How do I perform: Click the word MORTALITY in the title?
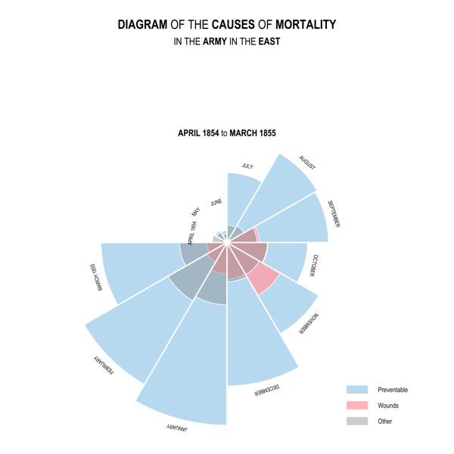(306, 25)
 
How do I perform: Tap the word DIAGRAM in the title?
(143, 25)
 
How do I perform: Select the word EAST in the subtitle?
(269, 42)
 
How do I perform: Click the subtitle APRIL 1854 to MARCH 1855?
(227, 133)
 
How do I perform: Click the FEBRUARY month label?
(104, 365)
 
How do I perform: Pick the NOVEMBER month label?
(309, 325)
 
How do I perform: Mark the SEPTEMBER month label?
(334, 213)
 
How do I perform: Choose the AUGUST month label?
(307, 163)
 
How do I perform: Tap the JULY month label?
(247, 166)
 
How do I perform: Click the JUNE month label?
(216, 203)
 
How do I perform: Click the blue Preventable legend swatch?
(356, 390)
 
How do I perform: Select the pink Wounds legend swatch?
(356, 406)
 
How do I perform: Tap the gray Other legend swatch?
(356, 421)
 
